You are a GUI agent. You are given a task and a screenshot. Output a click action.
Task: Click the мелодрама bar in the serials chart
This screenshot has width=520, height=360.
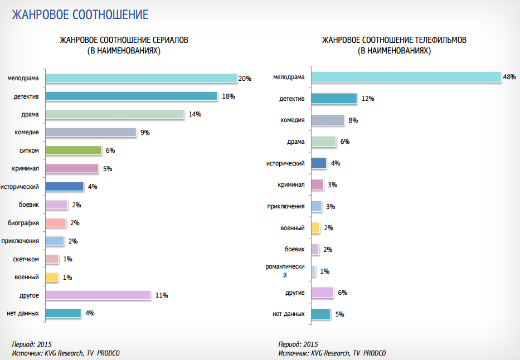(x=140, y=79)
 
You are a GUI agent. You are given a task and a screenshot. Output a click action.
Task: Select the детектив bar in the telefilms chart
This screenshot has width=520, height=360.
(x=333, y=99)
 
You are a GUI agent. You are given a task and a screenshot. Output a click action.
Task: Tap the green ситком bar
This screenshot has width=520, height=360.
(x=73, y=150)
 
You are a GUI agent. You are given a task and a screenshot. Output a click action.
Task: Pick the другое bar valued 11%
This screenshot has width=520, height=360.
(x=98, y=295)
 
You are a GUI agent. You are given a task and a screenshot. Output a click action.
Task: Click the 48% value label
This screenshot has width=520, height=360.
(x=509, y=77)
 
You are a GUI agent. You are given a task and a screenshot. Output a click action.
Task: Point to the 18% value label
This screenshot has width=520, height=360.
(x=229, y=96)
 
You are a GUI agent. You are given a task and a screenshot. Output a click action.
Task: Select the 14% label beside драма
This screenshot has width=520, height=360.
(x=195, y=114)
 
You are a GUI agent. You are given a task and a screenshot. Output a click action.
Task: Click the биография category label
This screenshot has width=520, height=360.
(x=23, y=223)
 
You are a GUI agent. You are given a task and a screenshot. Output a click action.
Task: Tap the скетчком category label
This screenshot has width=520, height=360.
(x=26, y=259)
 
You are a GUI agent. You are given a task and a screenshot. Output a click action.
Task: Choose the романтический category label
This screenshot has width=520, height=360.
(x=285, y=271)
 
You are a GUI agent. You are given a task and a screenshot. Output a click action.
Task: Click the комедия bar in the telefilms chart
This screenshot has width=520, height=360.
(x=327, y=120)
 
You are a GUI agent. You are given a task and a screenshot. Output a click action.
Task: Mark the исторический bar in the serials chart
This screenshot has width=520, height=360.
(x=64, y=187)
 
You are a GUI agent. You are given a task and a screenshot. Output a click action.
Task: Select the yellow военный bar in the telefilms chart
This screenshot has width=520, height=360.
(x=315, y=228)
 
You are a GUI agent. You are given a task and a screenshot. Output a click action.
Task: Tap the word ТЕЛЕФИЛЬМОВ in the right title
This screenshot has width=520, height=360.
(x=440, y=41)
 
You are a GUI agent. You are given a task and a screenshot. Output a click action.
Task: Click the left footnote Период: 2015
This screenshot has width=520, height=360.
(x=32, y=344)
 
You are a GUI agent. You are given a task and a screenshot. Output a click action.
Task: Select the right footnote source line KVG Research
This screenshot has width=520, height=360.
(x=332, y=353)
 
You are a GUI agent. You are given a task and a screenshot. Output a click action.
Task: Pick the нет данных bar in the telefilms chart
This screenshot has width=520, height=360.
(x=320, y=314)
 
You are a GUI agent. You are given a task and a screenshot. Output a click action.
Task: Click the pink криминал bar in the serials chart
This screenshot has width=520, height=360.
(x=71, y=169)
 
